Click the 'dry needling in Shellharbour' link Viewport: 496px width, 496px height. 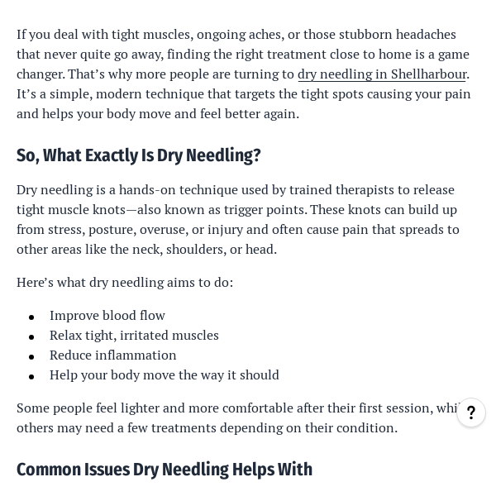382,74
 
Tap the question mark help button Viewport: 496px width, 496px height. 471,413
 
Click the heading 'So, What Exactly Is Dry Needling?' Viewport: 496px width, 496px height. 139,155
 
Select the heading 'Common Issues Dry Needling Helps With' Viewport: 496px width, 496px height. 165,470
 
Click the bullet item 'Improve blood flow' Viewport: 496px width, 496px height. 107,315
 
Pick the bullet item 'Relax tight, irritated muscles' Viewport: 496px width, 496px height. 134,335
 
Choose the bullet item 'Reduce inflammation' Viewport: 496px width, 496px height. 113,355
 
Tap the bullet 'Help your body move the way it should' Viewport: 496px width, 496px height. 165,374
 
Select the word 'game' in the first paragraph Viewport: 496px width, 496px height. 453,54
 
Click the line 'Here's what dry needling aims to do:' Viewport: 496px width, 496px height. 125,282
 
